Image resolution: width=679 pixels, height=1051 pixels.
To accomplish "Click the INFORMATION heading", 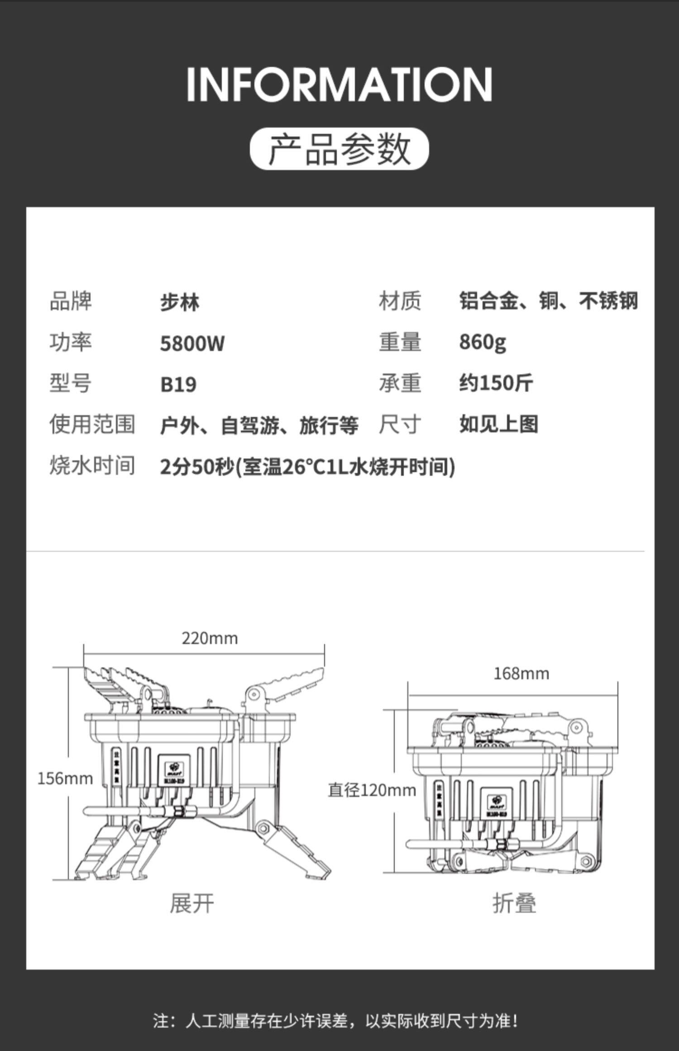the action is [339, 84].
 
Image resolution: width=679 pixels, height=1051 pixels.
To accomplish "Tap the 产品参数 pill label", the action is [339, 149].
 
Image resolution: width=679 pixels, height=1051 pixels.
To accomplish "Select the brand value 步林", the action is [180, 302].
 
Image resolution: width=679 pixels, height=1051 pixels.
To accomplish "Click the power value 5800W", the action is [192, 343].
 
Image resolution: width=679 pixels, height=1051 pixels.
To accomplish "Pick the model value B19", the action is [178, 384].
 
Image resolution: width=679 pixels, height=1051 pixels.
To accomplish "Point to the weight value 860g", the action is [482, 342].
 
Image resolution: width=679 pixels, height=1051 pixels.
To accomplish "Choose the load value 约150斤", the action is [496, 383].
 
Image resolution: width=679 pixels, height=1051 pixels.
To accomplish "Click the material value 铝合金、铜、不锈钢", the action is [548, 301].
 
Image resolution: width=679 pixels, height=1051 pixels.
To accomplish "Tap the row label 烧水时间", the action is [92, 466].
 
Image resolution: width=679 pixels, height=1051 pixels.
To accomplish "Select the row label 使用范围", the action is [92, 425].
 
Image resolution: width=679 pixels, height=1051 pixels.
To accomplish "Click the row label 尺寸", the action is [399, 425].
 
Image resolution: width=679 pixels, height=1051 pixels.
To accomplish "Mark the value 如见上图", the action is [498, 425].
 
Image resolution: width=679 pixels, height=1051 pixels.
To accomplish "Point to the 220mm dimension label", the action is [210, 638].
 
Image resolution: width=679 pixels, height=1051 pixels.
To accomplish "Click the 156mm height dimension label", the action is [65, 779].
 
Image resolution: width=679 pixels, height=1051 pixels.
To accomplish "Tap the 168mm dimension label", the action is [521, 674].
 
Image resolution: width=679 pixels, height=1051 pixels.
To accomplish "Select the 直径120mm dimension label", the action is [372, 790].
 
